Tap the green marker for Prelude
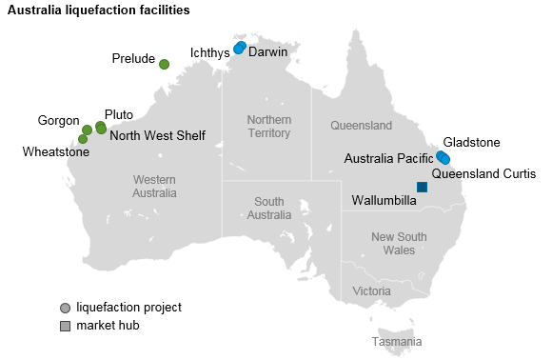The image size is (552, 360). [164, 64]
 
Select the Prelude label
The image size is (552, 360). [133, 59]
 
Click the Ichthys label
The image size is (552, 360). [209, 53]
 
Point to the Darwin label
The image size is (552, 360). [267, 52]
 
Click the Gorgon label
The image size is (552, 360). [58, 121]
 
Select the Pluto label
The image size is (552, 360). [119, 113]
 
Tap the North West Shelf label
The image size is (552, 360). [157, 135]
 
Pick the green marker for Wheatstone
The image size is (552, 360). [83, 139]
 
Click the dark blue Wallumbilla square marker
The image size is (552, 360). [423, 188]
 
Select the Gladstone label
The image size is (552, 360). [471, 142]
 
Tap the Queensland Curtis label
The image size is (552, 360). [483, 173]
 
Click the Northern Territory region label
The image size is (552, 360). [268, 127]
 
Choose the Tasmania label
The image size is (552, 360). [397, 341]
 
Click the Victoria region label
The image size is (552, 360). [370, 290]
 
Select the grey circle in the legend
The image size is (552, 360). [65, 308]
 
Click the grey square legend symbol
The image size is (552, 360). [65, 326]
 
